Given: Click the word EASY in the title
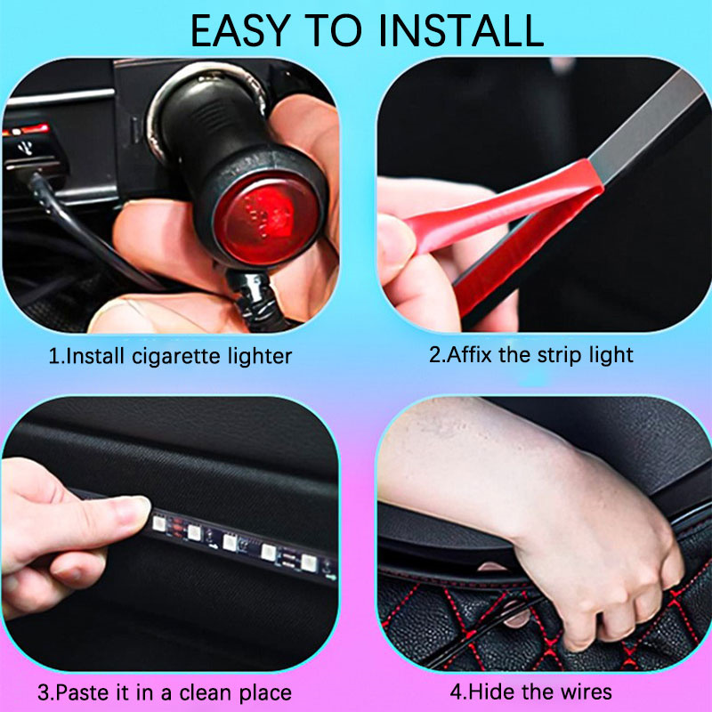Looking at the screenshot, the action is click(240, 31).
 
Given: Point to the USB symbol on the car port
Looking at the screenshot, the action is click(26, 148).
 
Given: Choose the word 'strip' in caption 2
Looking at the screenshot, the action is click(558, 356).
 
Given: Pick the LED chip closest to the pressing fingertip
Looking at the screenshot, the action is click(159, 523).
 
